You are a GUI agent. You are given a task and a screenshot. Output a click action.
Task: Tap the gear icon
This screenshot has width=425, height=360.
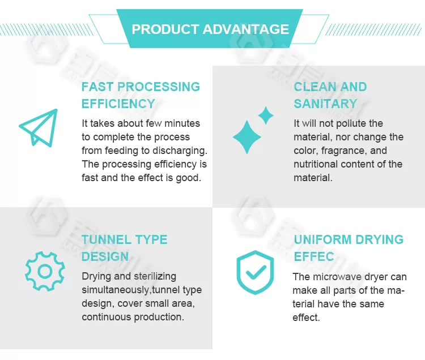coord(45,271)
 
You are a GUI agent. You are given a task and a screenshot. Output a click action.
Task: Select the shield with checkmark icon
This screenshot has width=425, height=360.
coord(255,272)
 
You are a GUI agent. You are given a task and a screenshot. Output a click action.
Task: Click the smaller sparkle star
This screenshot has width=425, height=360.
coord(266,115)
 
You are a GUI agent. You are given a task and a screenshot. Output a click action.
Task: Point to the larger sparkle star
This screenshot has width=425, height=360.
coord(246,137)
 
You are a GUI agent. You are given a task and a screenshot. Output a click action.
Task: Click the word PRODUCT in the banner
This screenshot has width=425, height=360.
coord(165,29)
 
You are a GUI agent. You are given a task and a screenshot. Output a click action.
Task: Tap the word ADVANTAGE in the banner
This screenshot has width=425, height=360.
coord(246,29)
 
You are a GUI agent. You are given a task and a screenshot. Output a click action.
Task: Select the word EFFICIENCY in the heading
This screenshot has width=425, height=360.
coord(118,104)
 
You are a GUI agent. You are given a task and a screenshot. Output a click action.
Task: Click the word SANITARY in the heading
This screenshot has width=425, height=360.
coord(325,104)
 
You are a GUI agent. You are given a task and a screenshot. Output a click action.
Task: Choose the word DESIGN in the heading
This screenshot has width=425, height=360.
coord(105,256)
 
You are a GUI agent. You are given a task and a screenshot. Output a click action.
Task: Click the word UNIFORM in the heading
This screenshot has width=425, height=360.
coord(322,239)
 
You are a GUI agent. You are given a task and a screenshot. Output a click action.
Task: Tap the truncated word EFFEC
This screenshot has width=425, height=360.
coord(314,256)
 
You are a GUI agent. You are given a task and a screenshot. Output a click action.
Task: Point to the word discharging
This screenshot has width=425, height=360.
coord(180,151)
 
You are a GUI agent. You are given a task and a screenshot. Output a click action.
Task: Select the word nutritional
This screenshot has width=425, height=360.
coord(316,164)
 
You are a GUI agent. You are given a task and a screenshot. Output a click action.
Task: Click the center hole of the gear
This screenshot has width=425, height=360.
coord(45,271)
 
